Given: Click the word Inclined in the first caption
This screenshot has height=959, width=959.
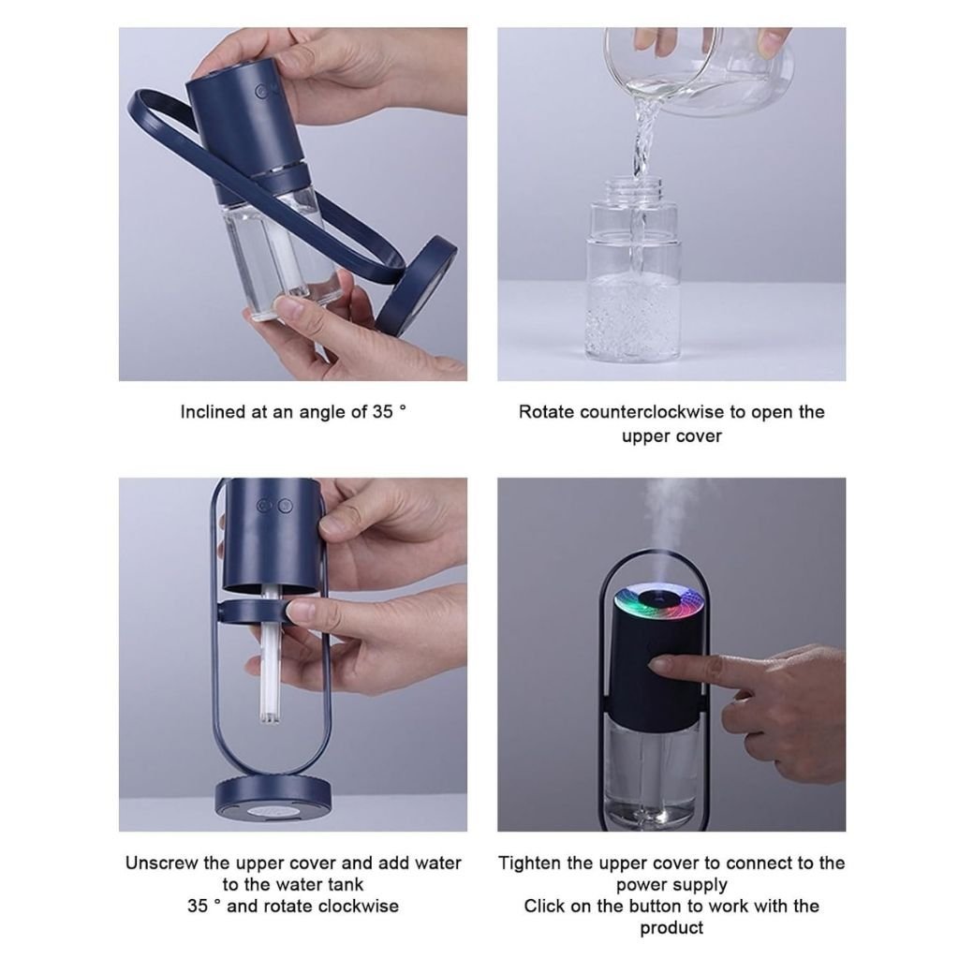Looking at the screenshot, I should tap(213, 412).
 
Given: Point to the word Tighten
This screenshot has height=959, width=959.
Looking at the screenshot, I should tap(535, 863).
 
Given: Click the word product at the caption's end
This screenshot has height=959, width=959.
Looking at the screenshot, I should tap(671, 927).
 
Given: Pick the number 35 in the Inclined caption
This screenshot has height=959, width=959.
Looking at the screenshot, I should tap(381, 412).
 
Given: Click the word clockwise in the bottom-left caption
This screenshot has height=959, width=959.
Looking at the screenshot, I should tap(358, 906).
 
